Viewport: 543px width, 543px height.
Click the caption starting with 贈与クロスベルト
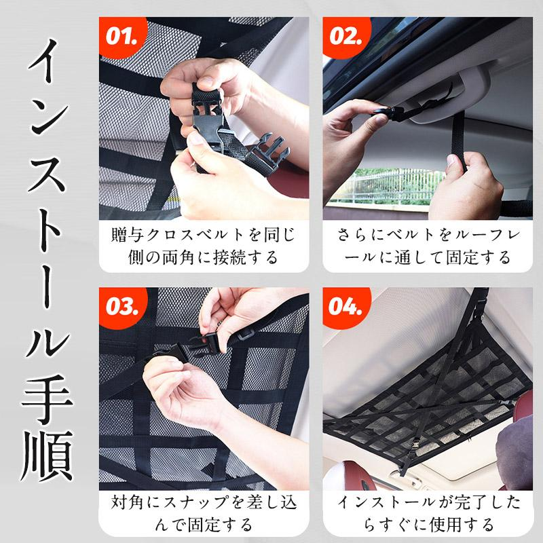point(204,246)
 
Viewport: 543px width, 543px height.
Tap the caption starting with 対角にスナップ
point(204,514)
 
